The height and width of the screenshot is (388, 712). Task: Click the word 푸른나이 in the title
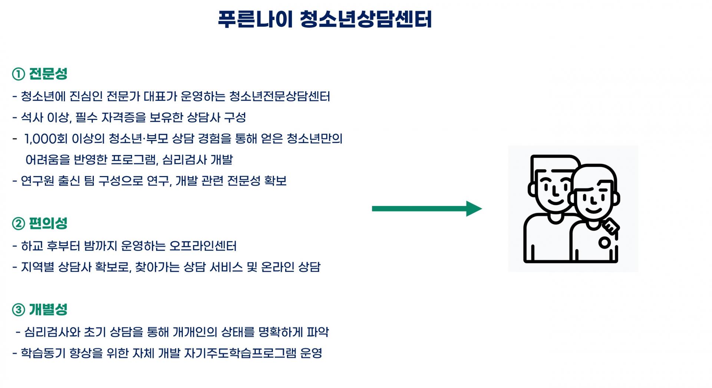pyautogui.click(x=255, y=19)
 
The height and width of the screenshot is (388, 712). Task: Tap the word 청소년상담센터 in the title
pyautogui.click(x=365, y=19)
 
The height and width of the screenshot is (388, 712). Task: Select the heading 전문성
pyautogui.click(x=48, y=74)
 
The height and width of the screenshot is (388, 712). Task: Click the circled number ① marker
pyautogui.click(x=19, y=74)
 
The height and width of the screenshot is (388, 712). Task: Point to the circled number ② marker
pyautogui.click(x=19, y=224)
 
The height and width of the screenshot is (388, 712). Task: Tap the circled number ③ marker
pyautogui.click(x=19, y=310)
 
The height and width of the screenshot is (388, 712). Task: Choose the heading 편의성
pyautogui.click(x=48, y=223)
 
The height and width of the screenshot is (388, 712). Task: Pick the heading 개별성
pyautogui.click(x=48, y=309)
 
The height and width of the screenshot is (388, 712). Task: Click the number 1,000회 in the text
pyautogui.click(x=46, y=139)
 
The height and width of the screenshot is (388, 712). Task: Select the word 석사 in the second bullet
pyautogui.click(x=32, y=118)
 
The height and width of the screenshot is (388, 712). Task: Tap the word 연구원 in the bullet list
pyautogui.click(x=37, y=181)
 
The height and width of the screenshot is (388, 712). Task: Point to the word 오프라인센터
pyautogui.click(x=203, y=246)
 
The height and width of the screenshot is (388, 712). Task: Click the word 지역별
pyautogui.click(x=37, y=267)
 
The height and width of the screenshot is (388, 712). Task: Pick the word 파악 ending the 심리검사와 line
pyautogui.click(x=318, y=332)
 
